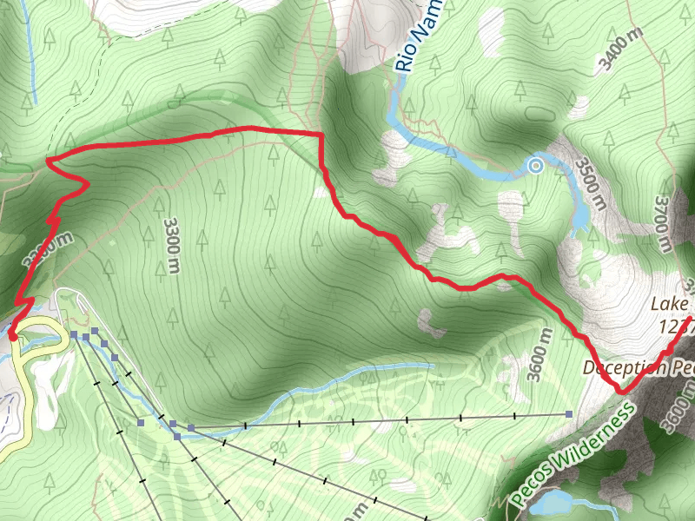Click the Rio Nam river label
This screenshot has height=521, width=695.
418,36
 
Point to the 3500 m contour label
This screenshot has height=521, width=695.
588,183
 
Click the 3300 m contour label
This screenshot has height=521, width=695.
172,243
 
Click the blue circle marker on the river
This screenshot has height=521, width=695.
536,165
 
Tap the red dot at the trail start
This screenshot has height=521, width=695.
12,334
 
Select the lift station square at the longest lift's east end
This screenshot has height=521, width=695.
569,415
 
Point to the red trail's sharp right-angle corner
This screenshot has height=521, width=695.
321,134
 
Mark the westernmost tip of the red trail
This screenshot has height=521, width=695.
47,161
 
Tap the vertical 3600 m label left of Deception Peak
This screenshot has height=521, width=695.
541,354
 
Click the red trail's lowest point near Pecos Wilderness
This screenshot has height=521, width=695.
623,393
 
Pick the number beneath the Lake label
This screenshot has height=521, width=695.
676,326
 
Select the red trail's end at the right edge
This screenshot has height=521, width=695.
691,320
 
